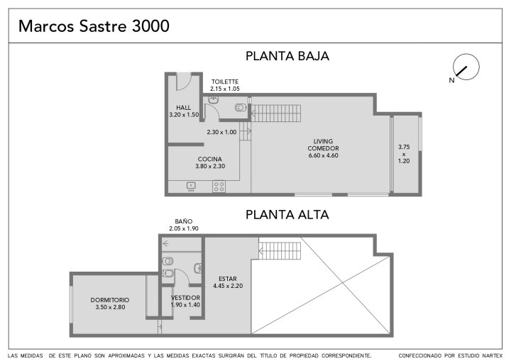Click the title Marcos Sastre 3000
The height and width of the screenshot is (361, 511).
coord(94,26)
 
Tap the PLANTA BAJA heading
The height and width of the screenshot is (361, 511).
coord(287,56)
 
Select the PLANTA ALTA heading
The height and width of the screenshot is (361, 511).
coord(287,215)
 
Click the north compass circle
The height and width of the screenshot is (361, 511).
coord(466,67)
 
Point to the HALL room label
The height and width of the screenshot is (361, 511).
coord(184,108)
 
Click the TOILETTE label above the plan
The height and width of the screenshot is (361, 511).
coord(225,82)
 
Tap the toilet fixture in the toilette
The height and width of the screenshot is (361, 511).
coord(241,107)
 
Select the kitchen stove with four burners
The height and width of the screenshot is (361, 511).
coord(219,187)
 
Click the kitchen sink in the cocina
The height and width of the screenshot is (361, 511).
coord(191,186)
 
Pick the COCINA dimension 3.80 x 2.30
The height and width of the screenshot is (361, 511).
coord(210,166)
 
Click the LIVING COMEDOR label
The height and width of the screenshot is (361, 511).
coord(324,145)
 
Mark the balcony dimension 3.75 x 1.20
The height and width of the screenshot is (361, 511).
coord(404,154)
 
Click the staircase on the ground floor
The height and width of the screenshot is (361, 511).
coord(275,113)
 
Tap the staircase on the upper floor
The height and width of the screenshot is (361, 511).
coord(280,250)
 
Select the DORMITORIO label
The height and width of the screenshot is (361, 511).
coord(110,300)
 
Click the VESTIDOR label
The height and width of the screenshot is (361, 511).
coord(185,298)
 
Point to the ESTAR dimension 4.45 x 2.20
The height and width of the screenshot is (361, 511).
coord(228,286)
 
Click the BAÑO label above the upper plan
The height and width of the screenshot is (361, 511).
coord(184,221)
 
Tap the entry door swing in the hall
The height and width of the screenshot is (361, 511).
coord(184,82)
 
